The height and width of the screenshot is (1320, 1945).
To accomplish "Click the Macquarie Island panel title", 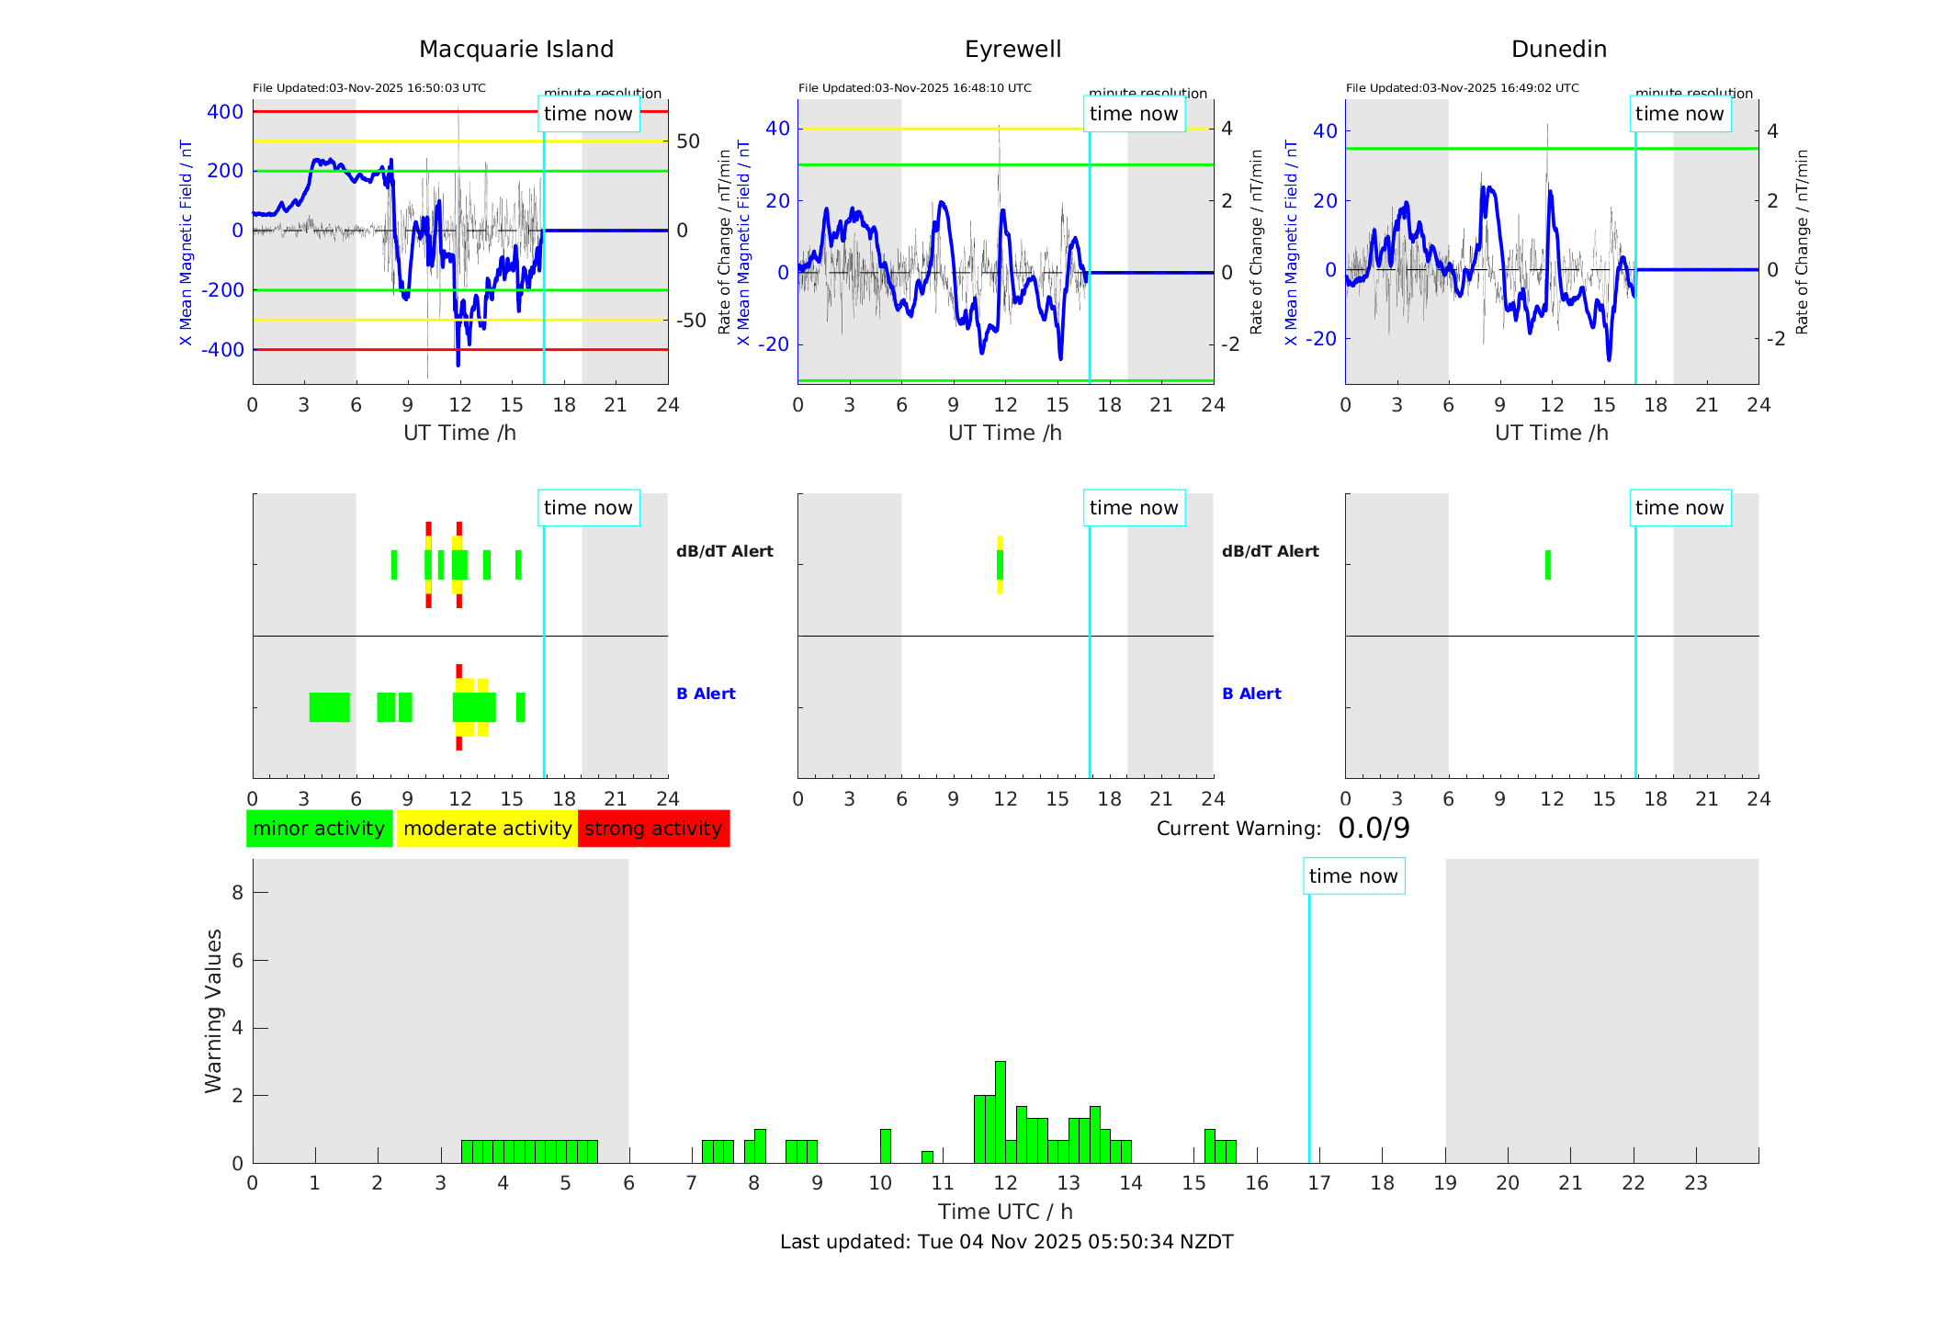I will [515, 50].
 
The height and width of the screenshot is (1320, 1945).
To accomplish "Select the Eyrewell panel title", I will [1012, 50].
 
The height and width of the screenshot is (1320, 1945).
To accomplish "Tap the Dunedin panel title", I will [1558, 50].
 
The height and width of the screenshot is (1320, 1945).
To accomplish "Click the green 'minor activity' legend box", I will [319, 829].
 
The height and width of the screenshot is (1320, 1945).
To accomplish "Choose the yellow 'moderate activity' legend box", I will [487, 829].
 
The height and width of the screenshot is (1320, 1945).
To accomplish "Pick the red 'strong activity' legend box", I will [653, 829].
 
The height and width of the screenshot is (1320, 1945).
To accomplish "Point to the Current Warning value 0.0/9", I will [1374, 829].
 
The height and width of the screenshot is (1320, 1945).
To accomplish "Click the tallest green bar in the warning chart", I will [1000, 1111].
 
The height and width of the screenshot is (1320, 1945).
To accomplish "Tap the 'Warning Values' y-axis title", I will [213, 1010].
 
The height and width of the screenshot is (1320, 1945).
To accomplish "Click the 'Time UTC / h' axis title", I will [1005, 1212].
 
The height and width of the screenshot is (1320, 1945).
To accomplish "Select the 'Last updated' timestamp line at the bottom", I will [1006, 1242].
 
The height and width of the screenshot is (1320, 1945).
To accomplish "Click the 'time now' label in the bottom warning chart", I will [1353, 876].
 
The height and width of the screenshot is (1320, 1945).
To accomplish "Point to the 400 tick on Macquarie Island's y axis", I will [225, 112].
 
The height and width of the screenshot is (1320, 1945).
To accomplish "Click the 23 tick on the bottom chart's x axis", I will [1695, 1183].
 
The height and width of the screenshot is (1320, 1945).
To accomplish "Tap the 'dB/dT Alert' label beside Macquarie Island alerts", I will [724, 551].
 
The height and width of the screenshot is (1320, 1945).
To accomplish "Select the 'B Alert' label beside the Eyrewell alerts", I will [1251, 694].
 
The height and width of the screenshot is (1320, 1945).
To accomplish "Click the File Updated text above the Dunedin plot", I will [1462, 88].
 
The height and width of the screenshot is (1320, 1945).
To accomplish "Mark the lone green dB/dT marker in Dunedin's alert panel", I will [1548, 565].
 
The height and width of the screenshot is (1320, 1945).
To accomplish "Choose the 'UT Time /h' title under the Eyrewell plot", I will [1005, 433].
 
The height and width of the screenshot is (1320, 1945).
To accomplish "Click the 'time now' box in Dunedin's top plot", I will [1679, 114].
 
